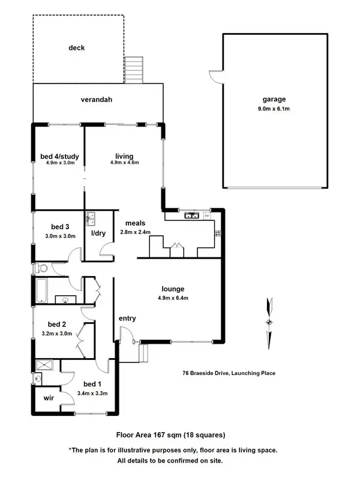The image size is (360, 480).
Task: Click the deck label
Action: [77, 48]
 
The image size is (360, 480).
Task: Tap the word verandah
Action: [97, 100]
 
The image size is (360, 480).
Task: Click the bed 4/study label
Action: [59, 157]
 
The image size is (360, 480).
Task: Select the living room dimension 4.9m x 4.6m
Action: [124, 163]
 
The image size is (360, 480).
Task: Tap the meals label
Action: [135, 223]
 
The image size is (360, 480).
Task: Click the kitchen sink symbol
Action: [191, 215]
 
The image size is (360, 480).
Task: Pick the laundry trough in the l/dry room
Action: [92, 217]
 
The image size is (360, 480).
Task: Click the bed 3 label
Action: [61, 226]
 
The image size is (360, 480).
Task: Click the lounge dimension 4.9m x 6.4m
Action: [173, 298]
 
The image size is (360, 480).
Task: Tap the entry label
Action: [127, 318]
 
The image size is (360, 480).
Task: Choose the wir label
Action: [47, 397]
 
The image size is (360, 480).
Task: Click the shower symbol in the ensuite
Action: [45, 364]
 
